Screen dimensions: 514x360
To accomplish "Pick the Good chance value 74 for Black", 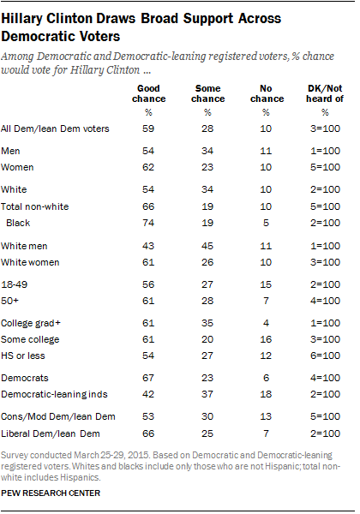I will point(152,222).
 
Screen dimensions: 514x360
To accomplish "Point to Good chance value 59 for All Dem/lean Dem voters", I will point(152,128).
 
